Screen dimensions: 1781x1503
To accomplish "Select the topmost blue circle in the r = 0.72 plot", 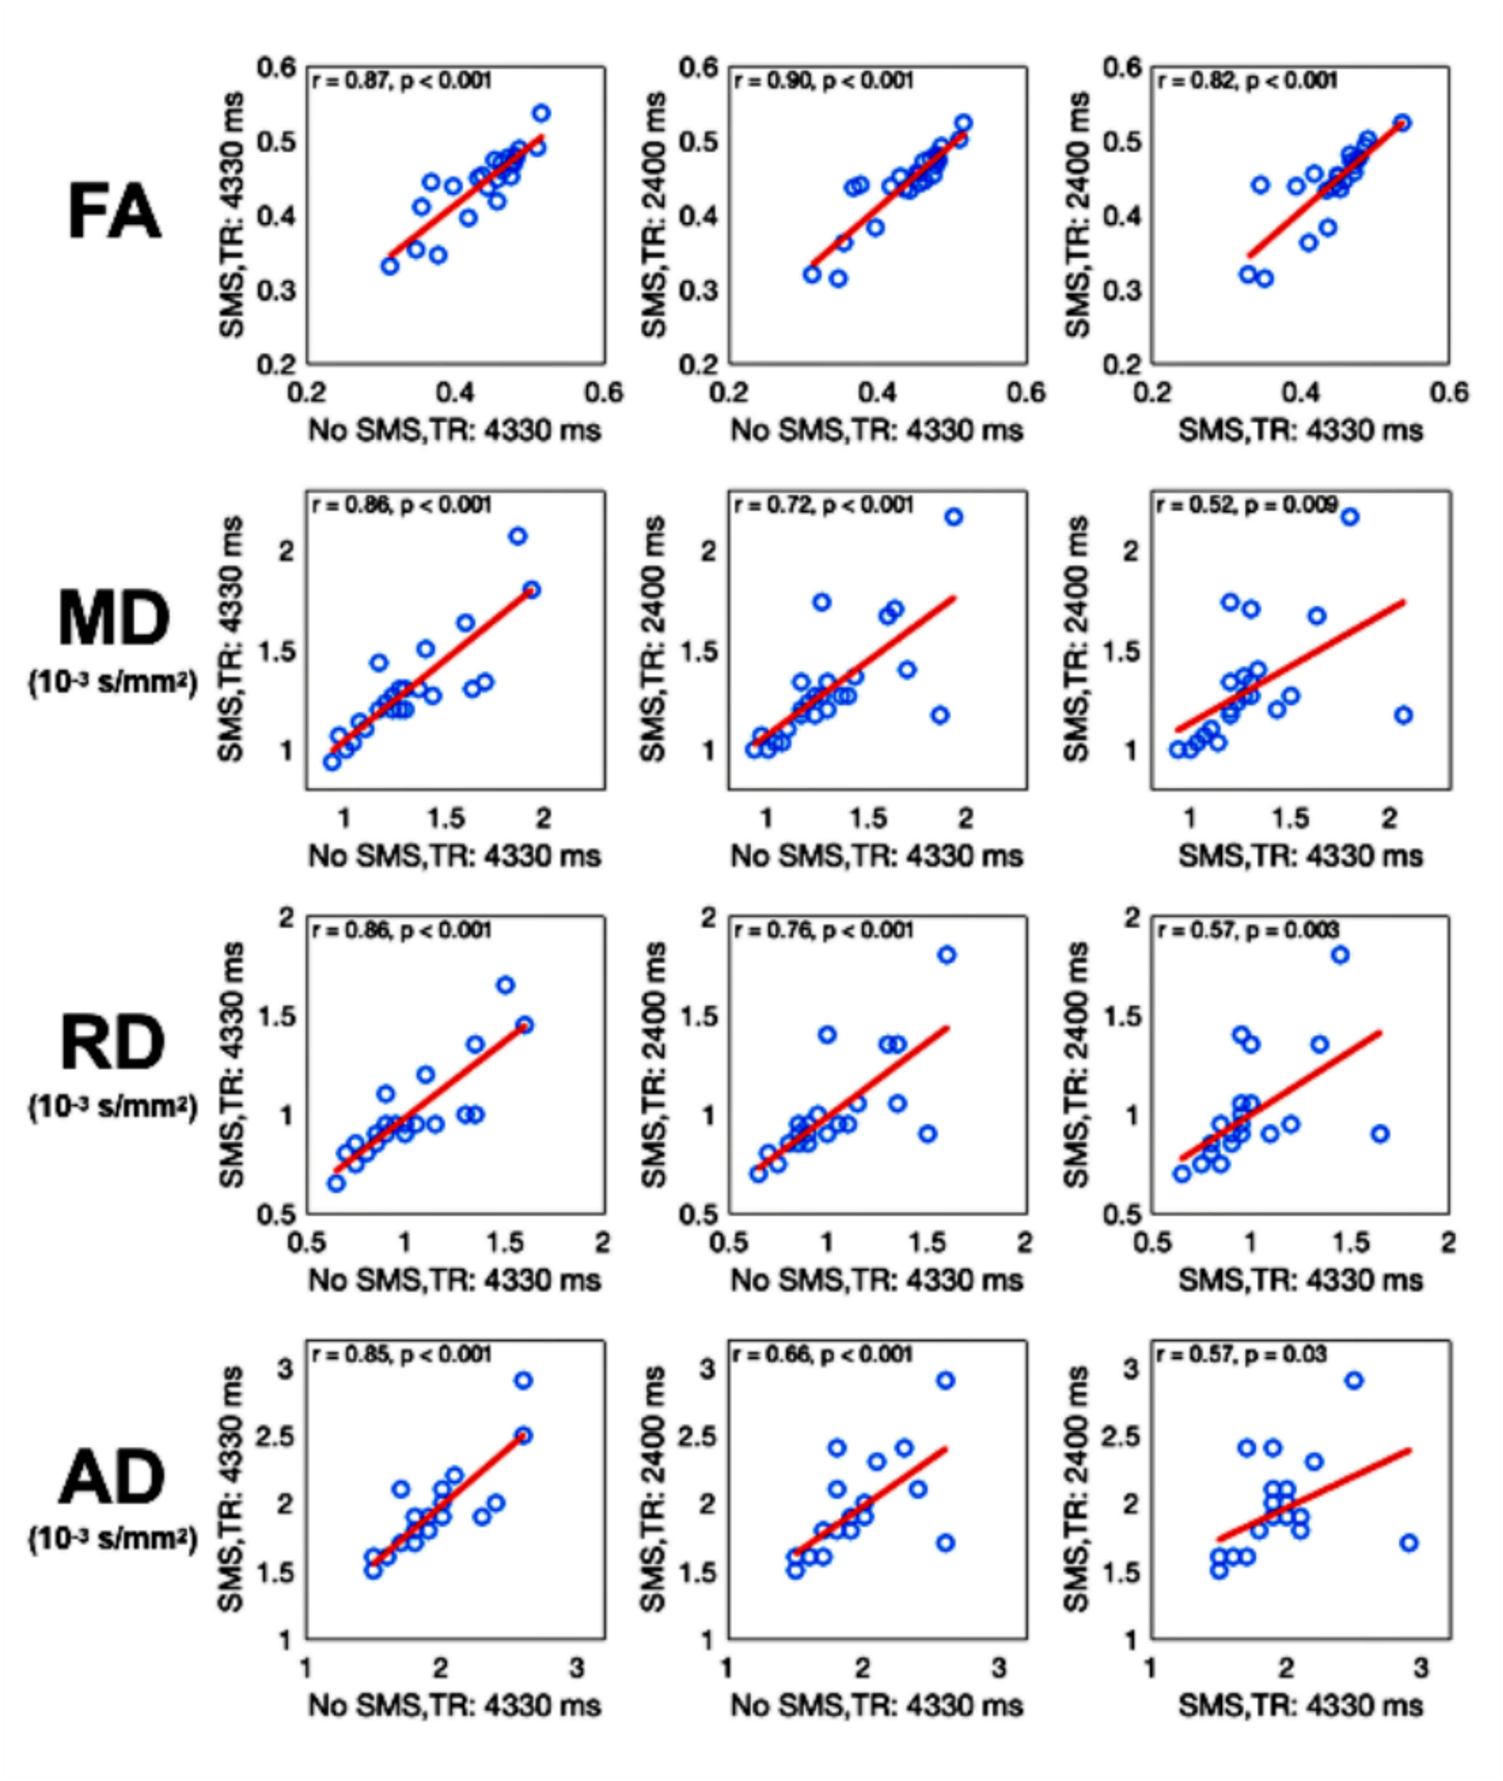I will pos(954,517).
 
